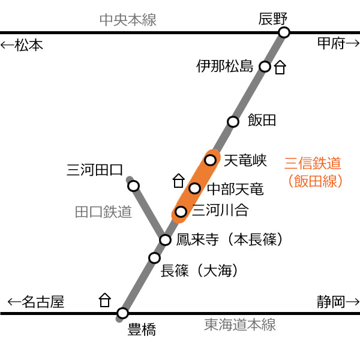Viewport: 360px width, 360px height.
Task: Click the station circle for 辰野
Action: pos(284,32)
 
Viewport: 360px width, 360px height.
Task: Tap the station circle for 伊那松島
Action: pos(265,67)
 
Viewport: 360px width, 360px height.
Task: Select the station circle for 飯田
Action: pos(233,121)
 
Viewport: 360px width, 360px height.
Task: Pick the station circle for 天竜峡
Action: pos(211,160)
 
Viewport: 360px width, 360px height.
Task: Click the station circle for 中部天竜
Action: pos(194,188)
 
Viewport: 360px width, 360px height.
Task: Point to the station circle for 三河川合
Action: pos(181,211)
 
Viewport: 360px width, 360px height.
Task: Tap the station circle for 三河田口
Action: pos(134,186)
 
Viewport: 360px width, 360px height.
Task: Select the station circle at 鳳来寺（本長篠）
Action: pos(166,240)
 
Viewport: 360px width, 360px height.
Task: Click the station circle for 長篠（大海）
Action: pos(154,258)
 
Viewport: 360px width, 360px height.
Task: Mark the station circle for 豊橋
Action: pos(122,313)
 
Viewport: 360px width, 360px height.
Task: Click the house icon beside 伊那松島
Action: pos(280,67)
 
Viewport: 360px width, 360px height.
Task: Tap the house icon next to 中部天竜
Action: pos(179,181)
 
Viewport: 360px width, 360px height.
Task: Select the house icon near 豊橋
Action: pos(105,300)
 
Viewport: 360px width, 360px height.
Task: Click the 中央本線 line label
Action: pos(128,20)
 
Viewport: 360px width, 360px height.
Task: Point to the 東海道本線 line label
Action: pos(240,325)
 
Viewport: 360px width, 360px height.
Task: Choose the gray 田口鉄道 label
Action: pos(103,211)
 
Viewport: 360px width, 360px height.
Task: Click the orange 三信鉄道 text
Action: pos(313,163)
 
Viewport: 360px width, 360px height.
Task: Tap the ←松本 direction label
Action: pos(22,45)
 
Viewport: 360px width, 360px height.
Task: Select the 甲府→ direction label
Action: pos(338,43)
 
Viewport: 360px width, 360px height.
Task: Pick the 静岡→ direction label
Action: pos(338,302)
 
